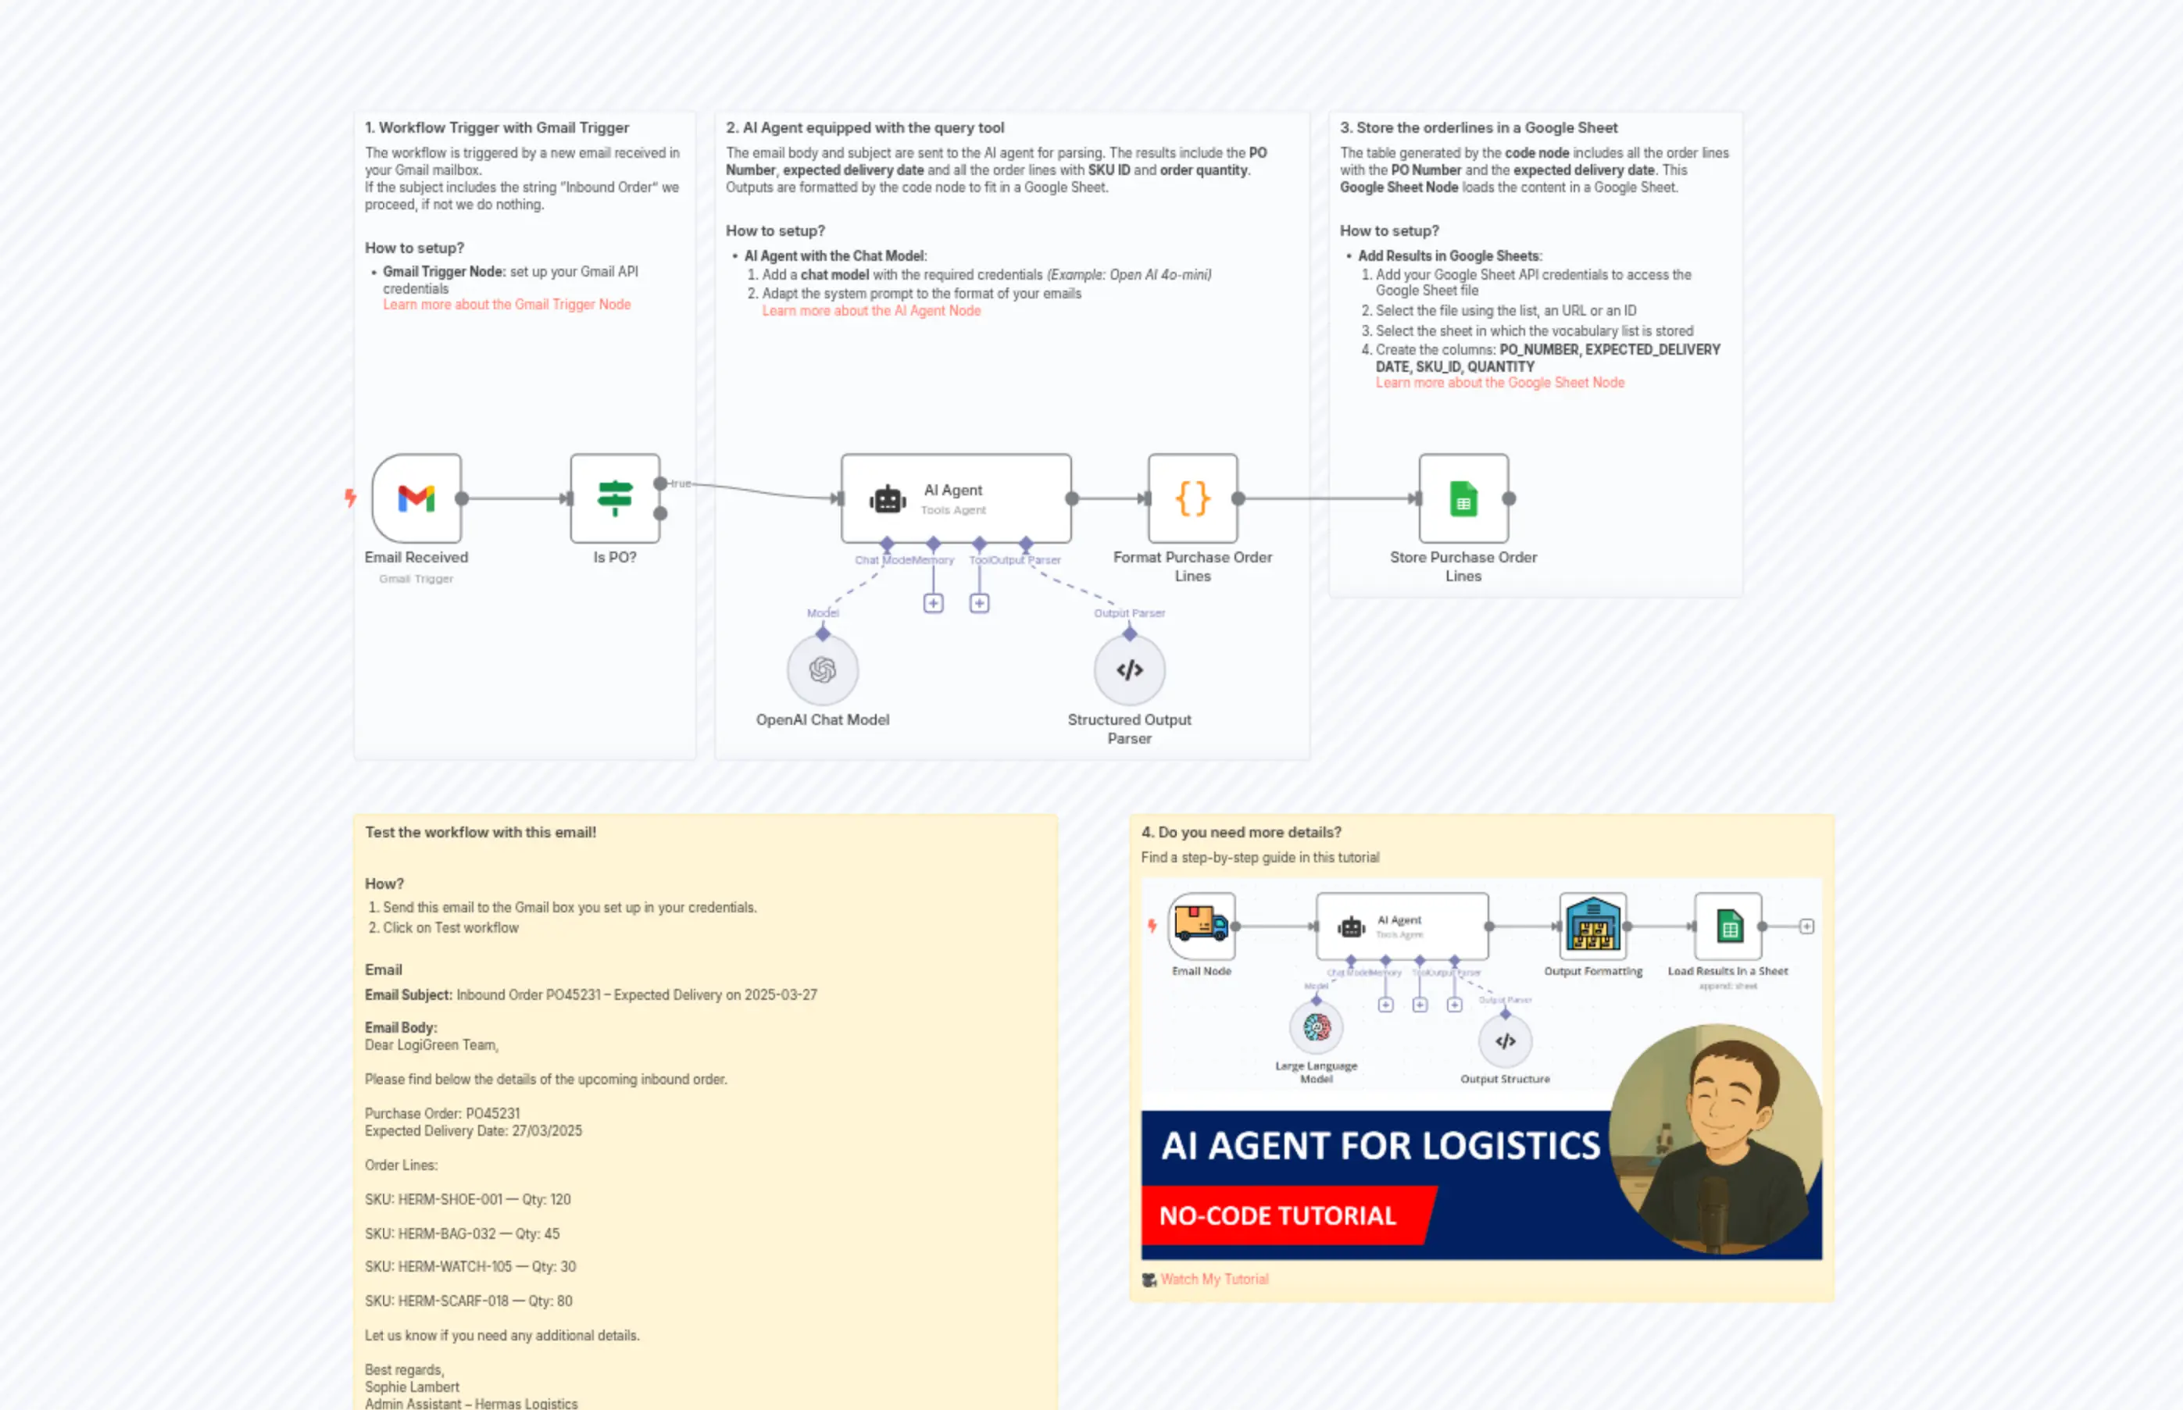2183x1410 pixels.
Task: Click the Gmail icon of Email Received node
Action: pos(416,498)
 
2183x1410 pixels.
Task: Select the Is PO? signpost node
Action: pos(614,498)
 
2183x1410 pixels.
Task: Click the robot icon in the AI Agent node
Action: pos(888,499)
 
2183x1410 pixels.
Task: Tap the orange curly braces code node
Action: pos(1192,498)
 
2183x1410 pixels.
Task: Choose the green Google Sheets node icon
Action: pos(1463,499)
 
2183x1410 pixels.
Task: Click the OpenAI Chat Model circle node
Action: pos(822,670)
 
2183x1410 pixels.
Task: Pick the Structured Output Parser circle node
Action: pos(1129,670)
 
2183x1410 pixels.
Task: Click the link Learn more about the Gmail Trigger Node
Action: pos(506,305)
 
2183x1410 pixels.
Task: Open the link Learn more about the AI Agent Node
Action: pos(871,312)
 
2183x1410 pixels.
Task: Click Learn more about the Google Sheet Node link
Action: pos(1499,383)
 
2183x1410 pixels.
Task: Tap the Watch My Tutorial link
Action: pos(1213,1279)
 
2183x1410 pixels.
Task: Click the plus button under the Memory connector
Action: pos(933,603)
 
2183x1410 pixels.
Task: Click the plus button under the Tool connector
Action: pos(979,603)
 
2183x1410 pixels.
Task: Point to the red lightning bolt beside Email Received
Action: pos(350,498)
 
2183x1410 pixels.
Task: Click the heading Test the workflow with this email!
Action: pos(480,832)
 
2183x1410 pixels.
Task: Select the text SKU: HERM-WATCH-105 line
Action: pos(470,1267)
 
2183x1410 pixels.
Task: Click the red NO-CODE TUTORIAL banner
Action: pos(1277,1216)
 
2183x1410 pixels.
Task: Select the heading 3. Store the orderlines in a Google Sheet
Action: pos(1478,128)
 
